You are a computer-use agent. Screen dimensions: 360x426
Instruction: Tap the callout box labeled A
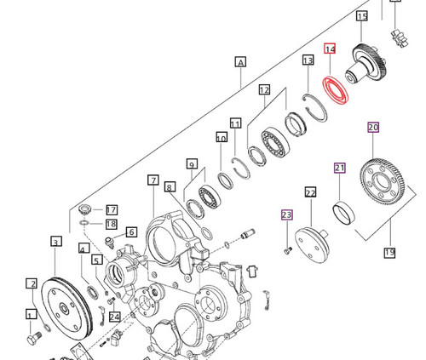(240, 61)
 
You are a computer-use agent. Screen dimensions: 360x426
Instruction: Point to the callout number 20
(373, 128)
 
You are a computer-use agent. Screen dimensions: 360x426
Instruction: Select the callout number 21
(339, 168)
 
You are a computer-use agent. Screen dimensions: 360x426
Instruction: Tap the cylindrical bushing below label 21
(345, 209)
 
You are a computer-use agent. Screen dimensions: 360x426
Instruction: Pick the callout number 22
(311, 193)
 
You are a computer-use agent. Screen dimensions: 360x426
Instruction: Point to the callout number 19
(390, 252)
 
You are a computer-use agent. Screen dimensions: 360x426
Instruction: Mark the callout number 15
(362, 16)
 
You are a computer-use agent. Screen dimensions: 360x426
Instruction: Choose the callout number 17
(111, 209)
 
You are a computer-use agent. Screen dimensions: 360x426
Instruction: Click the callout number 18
(111, 224)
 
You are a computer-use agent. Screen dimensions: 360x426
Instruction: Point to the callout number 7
(153, 180)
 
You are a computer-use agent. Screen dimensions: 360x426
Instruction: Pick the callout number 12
(264, 89)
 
